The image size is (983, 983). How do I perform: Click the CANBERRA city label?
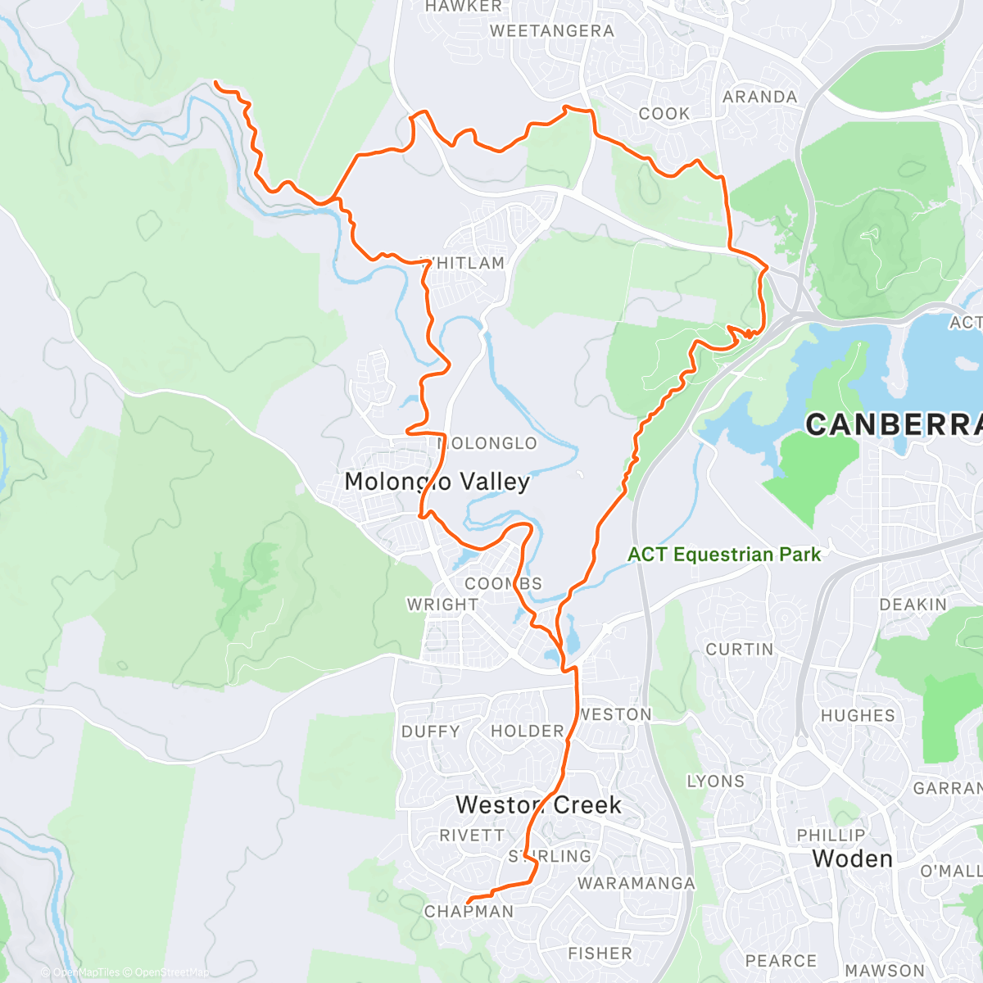[x=893, y=424]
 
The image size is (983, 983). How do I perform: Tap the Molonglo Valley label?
[x=437, y=482]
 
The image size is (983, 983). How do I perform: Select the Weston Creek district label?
[x=538, y=805]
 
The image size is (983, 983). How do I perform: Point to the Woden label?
[x=852, y=858]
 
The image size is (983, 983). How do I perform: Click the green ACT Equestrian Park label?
[x=724, y=555]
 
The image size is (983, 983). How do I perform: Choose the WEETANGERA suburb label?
[x=551, y=31]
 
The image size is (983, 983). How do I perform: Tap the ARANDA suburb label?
[x=759, y=97]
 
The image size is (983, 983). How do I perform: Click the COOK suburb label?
[x=664, y=114]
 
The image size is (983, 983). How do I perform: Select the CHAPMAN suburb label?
[x=469, y=912]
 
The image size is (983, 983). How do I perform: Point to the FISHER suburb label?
[x=600, y=954]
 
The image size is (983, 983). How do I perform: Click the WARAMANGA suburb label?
[x=636, y=883]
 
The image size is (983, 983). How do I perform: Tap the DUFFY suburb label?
[x=431, y=732]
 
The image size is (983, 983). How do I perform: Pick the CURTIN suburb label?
[x=739, y=650]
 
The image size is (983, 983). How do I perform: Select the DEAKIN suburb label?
[x=913, y=605]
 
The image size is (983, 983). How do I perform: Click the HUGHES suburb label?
[x=858, y=715]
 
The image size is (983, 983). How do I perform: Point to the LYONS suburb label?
[x=716, y=781]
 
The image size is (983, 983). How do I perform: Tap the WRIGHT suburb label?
[x=442, y=605]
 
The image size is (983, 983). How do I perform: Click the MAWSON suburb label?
[x=884, y=971]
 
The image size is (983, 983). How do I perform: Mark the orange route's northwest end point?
[x=216, y=83]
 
